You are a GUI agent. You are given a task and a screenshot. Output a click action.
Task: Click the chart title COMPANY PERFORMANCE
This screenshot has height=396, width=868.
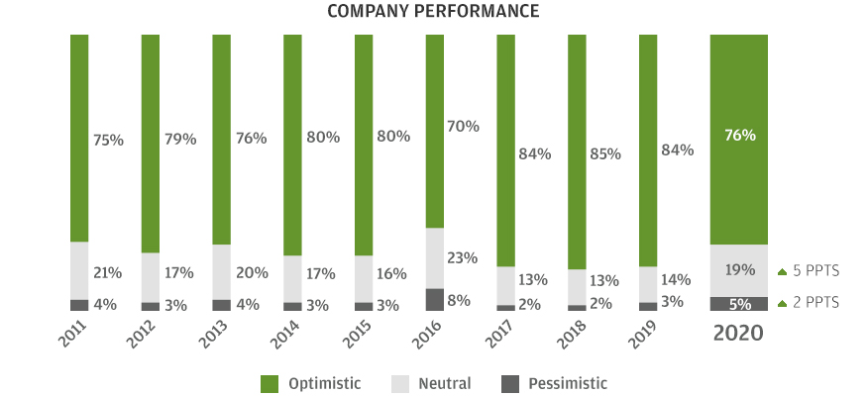[434, 12]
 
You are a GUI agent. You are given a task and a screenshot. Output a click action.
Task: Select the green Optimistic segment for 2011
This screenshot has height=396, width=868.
[79, 139]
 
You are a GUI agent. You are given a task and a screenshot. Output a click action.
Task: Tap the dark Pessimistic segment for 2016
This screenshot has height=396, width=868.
[434, 299]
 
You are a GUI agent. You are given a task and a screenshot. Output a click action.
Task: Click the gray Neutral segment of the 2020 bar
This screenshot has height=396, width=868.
[738, 269]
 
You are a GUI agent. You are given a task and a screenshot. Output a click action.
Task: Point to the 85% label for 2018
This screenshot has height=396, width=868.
[604, 154]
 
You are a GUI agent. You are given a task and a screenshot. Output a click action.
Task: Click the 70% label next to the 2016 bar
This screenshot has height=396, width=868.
[463, 127]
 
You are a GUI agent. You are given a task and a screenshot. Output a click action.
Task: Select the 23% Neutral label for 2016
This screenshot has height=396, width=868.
[463, 258]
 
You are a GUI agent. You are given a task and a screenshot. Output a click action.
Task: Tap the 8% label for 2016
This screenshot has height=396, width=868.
[459, 300]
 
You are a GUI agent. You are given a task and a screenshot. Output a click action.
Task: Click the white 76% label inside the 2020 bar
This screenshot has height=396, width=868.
[739, 136]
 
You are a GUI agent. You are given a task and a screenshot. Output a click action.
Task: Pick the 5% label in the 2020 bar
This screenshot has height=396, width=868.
[739, 304]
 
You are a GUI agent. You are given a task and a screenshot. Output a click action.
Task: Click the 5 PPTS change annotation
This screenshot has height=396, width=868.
[809, 270]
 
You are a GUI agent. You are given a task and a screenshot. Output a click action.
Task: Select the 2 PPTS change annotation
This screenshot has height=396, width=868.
[809, 303]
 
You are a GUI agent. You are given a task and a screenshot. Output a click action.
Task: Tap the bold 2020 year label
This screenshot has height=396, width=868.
[739, 334]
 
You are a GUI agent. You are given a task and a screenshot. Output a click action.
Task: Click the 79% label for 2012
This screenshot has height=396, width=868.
[179, 140]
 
